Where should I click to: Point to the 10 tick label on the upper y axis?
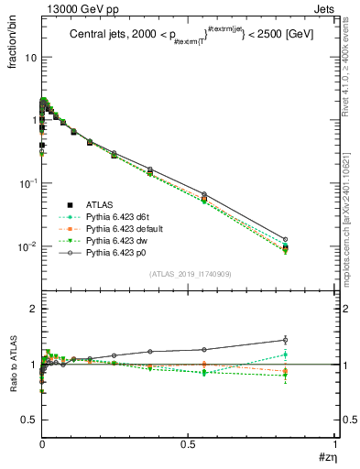pos(29,57)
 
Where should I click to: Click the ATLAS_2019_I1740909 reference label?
pos(189,274)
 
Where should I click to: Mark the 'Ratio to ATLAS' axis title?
pos(13,364)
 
